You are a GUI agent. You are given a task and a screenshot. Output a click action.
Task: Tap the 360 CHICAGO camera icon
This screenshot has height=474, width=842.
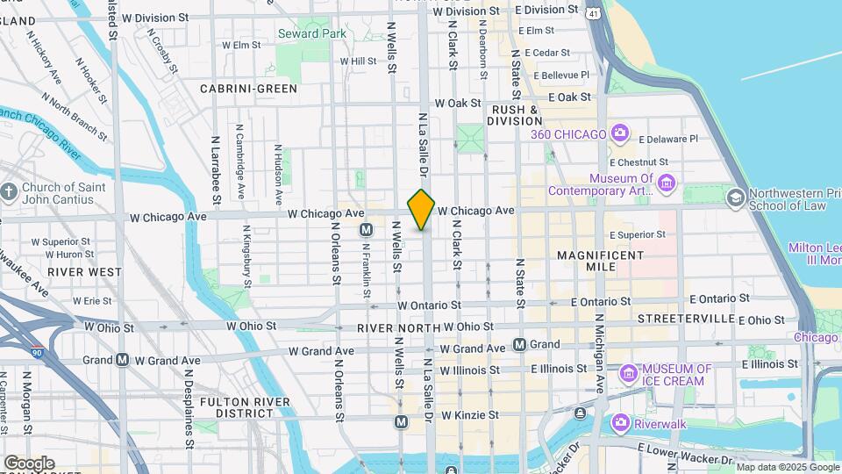(x=621, y=133)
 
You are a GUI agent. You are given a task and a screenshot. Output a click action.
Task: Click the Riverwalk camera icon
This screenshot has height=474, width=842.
(x=621, y=421)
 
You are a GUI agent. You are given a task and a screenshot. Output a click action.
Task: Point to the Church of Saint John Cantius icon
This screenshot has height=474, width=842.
(x=9, y=192)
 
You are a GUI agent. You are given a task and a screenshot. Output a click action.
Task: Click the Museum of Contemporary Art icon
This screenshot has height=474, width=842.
(x=667, y=184)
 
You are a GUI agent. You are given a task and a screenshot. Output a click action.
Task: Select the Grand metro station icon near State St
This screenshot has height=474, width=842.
(x=520, y=345)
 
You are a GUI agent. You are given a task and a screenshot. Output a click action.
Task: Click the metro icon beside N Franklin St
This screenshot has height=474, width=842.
(x=367, y=229)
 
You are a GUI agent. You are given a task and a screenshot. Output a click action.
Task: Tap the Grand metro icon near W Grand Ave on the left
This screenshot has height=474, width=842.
(x=123, y=360)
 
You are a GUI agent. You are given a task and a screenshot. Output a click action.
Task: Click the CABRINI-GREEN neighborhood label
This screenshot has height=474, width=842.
(x=248, y=89)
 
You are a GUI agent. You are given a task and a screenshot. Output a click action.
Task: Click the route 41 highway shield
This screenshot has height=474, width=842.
(x=596, y=13)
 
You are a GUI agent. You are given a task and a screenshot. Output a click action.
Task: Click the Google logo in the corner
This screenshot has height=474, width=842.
(x=28, y=463)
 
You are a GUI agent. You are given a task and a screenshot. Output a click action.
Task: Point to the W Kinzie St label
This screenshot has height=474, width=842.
(x=469, y=414)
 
